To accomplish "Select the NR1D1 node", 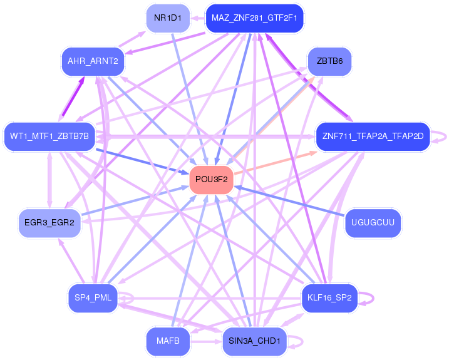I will coord(167,18).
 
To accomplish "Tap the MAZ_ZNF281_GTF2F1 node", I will coord(254,18).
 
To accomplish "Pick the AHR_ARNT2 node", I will coord(93,61).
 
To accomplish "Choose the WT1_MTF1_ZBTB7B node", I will coord(49,136).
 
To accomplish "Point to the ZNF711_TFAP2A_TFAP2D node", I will coord(373,136).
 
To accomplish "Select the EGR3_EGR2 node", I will coord(49,222).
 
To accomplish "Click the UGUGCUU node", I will coord(373,222).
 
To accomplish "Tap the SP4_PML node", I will coord(93,297).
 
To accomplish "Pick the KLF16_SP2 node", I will coord(329,297).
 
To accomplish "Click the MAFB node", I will coord(167,341).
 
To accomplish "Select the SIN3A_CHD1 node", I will coord(254,341).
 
